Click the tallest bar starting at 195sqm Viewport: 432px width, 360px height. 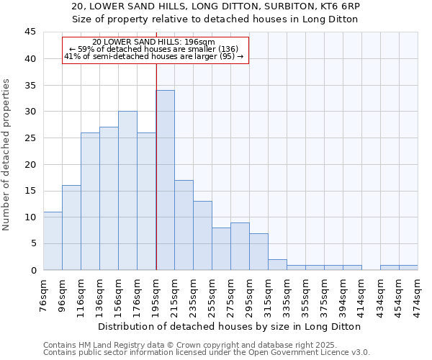click(x=165, y=180)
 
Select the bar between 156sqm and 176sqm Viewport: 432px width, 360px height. click(x=127, y=191)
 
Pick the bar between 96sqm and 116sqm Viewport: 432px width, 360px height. click(x=71, y=228)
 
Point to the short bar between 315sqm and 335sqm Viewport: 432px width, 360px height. click(x=277, y=264)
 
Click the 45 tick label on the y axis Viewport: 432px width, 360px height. click(x=30, y=32)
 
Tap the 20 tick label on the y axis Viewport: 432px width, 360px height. click(x=30, y=164)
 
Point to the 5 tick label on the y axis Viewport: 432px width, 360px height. click(x=33, y=243)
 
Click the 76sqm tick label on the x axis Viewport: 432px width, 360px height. click(x=44, y=294)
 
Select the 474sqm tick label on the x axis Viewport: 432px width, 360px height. click(x=418, y=294)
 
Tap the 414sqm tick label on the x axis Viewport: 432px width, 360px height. click(x=362, y=294)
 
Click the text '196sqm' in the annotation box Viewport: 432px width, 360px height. click(x=199, y=42)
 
